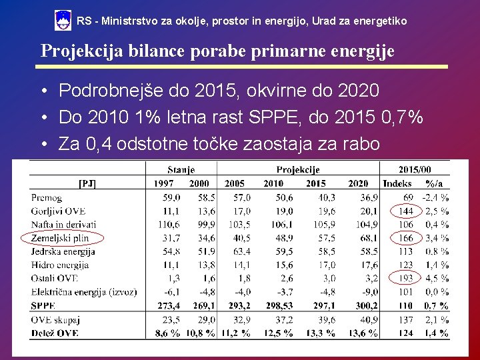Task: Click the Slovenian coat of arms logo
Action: [x=63, y=20]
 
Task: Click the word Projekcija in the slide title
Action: [x=82, y=51]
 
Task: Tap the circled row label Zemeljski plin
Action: [x=60, y=238]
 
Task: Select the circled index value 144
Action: [x=406, y=211]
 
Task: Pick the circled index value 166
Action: [x=406, y=238]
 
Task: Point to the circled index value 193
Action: [x=405, y=278]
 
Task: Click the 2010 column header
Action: [x=273, y=183]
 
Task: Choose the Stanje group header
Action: [x=181, y=169]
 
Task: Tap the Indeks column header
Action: [x=397, y=183]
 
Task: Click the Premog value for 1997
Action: [x=171, y=197]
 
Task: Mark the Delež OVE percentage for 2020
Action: [x=363, y=333]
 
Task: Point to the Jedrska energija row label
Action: [x=63, y=251]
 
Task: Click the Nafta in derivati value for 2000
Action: [x=206, y=225]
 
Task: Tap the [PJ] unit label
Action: [x=87, y=183]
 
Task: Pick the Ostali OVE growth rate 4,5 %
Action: [x=437, y=278]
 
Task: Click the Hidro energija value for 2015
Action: [x=327, y=265]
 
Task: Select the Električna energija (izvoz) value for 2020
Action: [x=370, y=292]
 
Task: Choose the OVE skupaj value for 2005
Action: [x=241, y=319]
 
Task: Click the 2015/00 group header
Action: [x=415, y=169]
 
